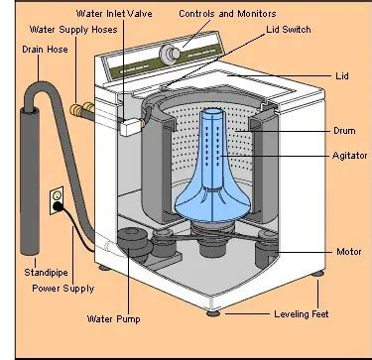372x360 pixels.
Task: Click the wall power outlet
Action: click(58, 194)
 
